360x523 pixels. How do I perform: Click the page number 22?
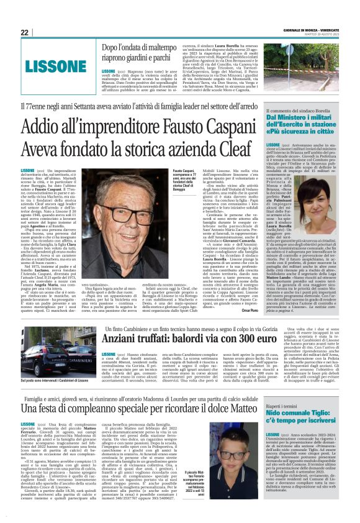tap(25, 32)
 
